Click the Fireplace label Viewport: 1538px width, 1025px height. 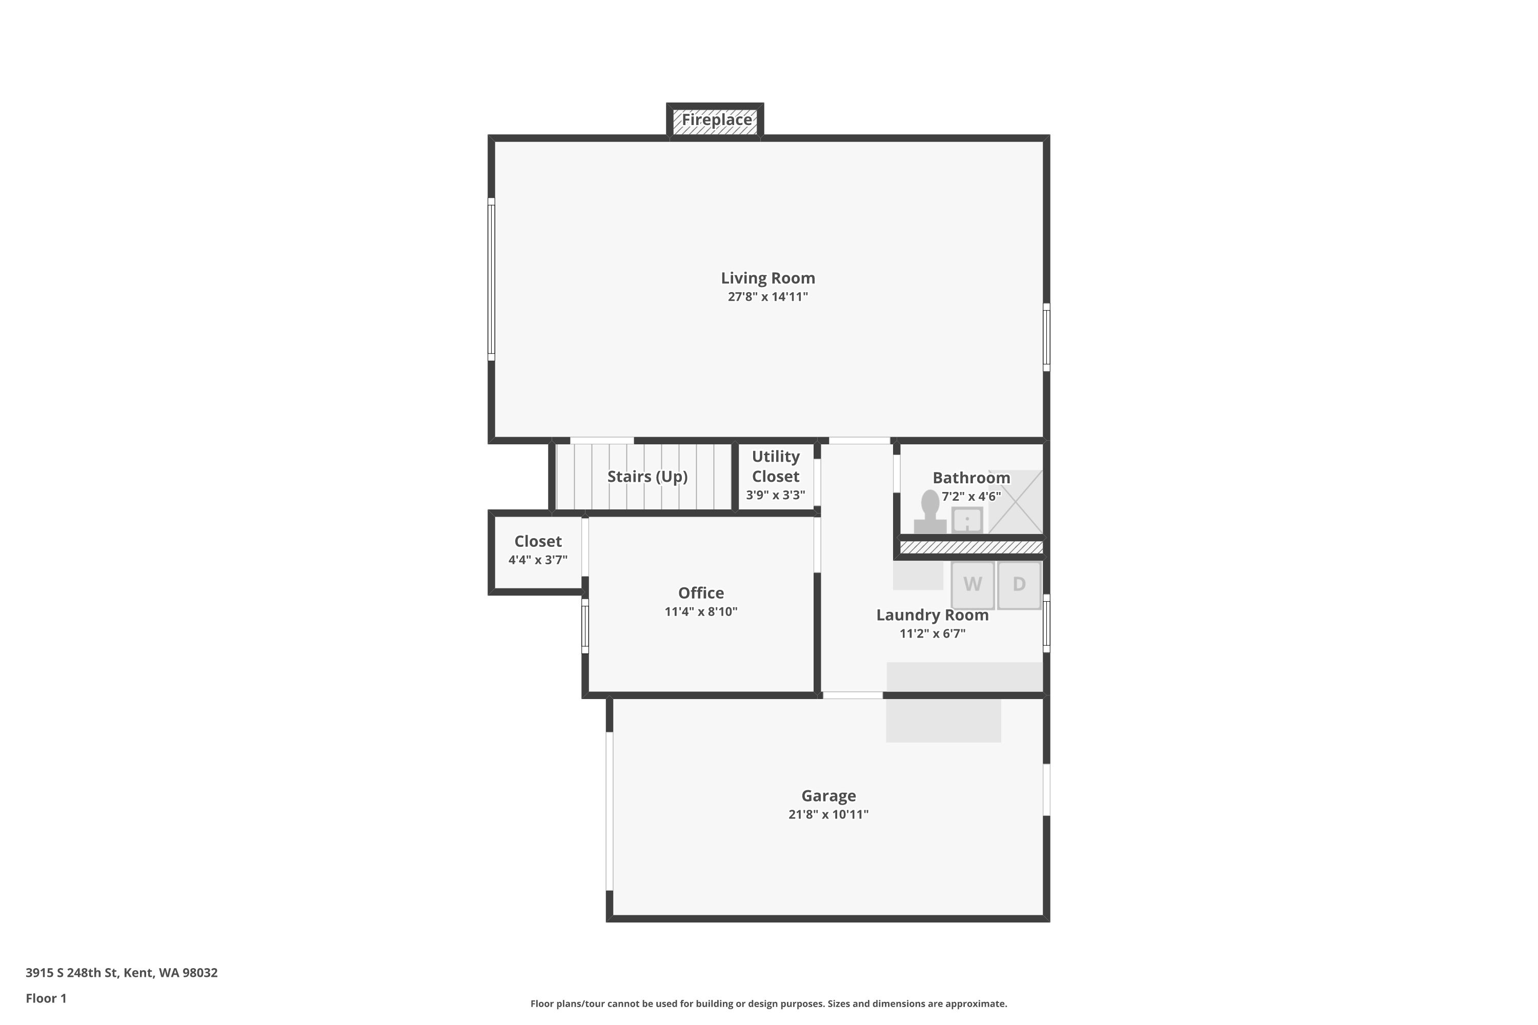(717, 119)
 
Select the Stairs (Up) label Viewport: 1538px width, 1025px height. (647, 477)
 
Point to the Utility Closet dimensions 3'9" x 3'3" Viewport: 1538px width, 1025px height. (776, 495)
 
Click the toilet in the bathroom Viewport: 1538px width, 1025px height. (930, 512)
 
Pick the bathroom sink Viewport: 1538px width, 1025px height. (967, 520)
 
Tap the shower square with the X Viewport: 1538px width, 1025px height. (1016, 501)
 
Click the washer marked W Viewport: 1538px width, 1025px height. (973, 585)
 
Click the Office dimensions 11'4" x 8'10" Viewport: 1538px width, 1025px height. (701, 612)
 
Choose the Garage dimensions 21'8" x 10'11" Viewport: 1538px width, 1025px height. (828, 814)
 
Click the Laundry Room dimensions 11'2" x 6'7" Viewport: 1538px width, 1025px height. (933, 633)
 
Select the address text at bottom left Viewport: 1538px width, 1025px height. (122, 973)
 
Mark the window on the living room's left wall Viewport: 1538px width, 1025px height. (491, 279)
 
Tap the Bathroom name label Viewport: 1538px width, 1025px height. (971, 478)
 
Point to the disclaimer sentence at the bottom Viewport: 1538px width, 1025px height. (768, 1003)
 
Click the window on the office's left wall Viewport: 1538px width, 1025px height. (585, 626)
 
